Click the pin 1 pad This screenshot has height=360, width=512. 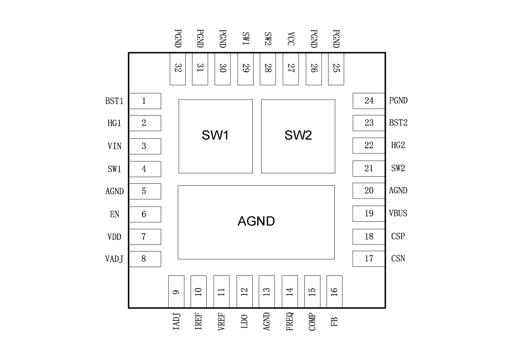145,101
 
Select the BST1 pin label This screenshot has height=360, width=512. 114,101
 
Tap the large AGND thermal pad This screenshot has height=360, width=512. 256,222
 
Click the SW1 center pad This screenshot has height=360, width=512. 215,136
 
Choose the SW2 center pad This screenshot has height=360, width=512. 298,136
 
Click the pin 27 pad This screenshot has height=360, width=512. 291,69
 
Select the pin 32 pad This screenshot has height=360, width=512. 177,69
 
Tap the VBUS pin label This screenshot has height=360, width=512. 398,214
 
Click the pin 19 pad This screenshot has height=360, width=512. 368,214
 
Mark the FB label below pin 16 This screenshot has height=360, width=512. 335,322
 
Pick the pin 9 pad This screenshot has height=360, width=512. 176,291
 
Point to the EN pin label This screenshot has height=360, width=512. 114,215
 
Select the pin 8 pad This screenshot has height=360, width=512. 145,259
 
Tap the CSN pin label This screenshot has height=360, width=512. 398,259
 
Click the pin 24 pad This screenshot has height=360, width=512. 368,101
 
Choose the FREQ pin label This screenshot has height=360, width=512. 290,321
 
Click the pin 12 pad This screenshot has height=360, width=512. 244,291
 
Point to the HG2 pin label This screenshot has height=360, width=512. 398,145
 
